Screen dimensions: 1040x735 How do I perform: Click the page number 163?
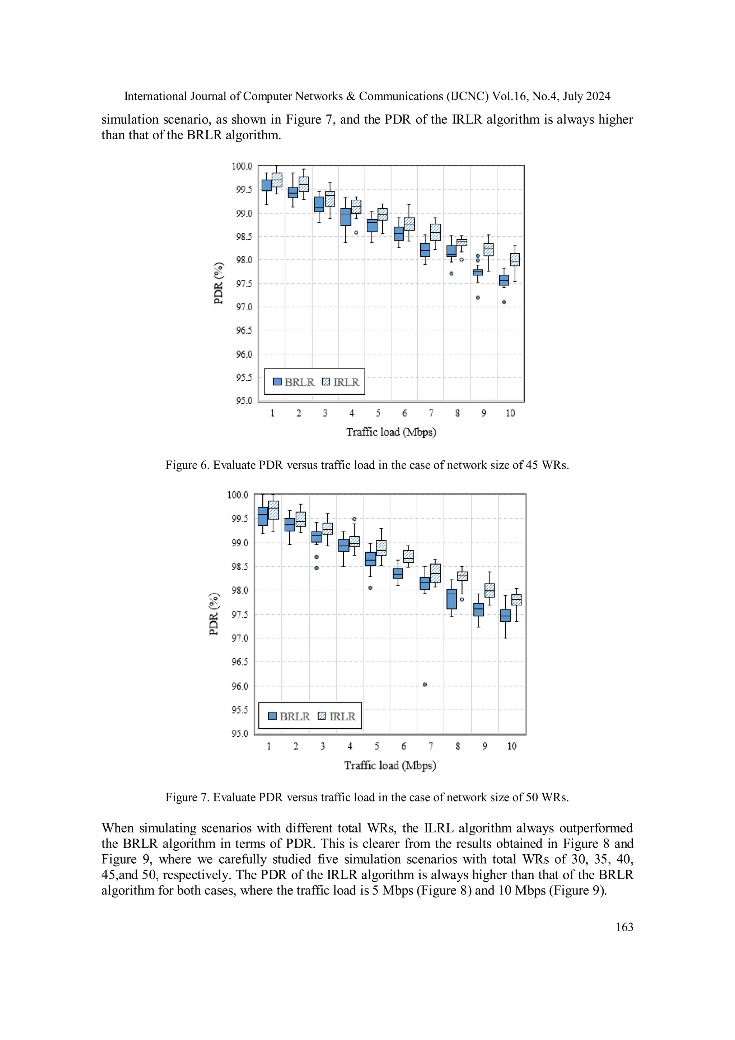click(x=624, y=927)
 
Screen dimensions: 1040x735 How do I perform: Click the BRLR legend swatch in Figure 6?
click(x=277, y=382)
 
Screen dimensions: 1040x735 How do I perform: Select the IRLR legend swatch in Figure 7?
click(x=322, y=716)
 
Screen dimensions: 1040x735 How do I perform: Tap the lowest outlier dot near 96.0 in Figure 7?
click(x=425, y=684)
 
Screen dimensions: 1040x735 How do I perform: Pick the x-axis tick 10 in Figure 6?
click(x=510, y=413)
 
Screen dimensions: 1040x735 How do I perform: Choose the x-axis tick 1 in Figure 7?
click(x=269, y=746)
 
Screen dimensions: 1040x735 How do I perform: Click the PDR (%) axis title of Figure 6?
click(x=219, y=283)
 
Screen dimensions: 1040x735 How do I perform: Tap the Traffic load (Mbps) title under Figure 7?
click(x=390, y=765)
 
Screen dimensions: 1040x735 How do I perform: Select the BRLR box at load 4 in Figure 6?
click(x=346, y=217)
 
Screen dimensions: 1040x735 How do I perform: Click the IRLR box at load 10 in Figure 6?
click(x=515, y=260)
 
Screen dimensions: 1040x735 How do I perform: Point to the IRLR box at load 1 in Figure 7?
click(x=273, y=510)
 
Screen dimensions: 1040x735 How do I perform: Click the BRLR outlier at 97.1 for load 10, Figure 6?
click(x=504, y=302)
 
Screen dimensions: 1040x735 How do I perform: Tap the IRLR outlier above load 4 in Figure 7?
click(x=354, y=519)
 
